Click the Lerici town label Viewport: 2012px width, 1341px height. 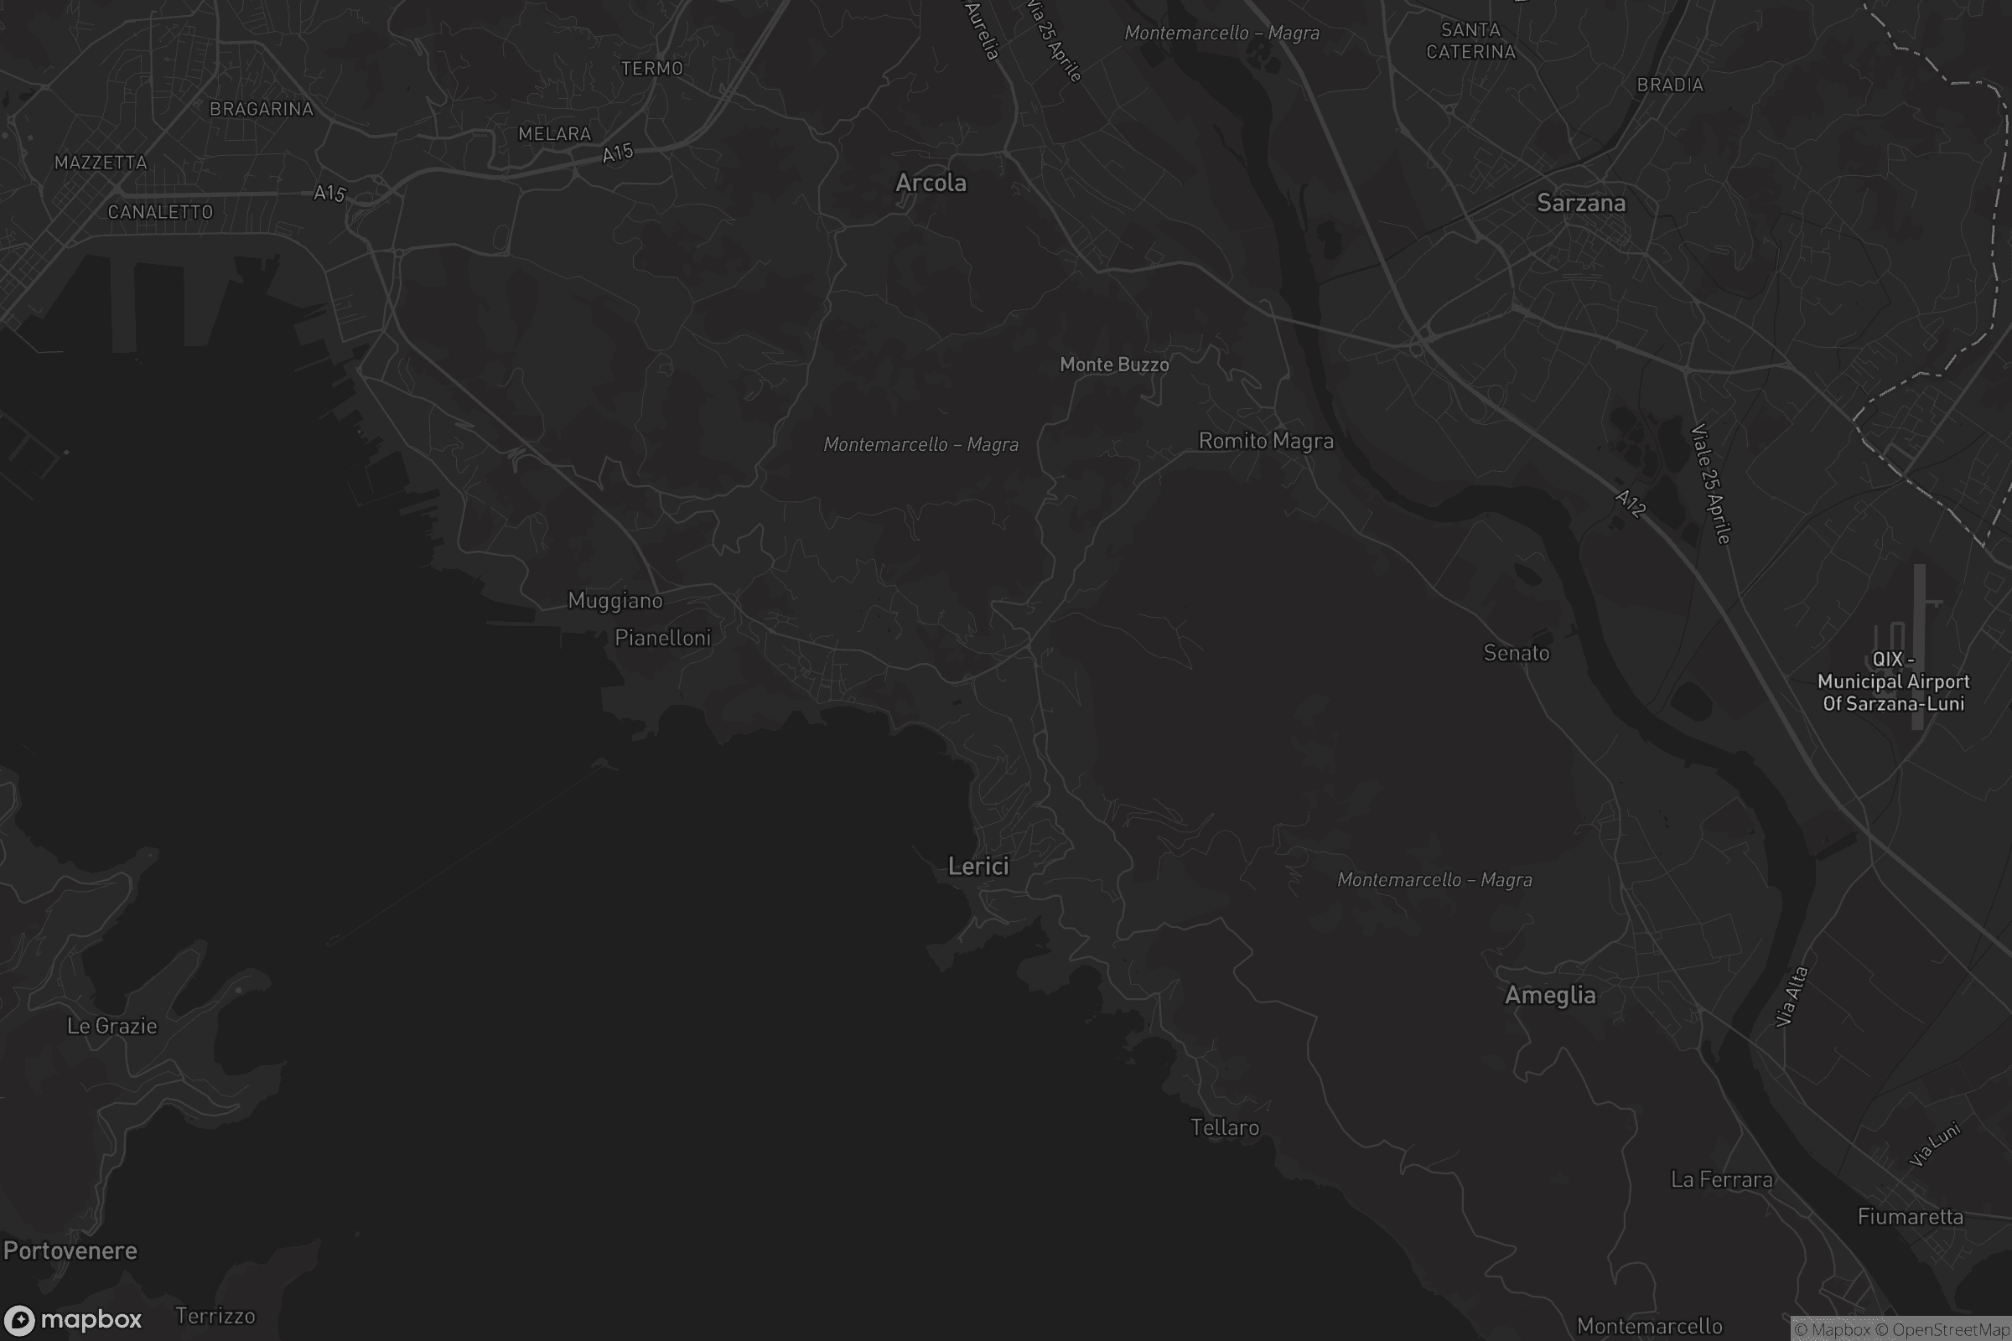point(977,867)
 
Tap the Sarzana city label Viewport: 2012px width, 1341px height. point(1581,203)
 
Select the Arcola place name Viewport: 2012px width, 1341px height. point(931,182)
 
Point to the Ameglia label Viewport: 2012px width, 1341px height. point(1550,995)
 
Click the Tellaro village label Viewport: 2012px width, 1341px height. point(1224,1127)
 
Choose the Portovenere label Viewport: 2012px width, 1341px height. point(70,1250)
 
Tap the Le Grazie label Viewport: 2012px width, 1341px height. point(112,1025)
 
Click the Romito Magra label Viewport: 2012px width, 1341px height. point(1265,441)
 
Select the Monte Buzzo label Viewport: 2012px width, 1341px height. point(1114,365)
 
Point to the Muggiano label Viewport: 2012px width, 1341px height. point(615,600)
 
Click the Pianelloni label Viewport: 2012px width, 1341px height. point(663,637)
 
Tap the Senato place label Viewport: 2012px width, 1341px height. point(1516,653)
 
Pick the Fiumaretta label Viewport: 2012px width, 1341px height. point(1911,1216)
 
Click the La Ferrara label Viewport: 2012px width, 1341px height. point(1721,1179)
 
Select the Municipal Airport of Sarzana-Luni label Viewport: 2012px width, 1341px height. point(1893,681)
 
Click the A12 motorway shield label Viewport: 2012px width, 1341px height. point(1631,504)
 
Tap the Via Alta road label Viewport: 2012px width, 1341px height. point(1792,997)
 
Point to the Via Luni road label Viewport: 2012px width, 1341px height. point(1934,1144)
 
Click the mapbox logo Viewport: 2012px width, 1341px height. point(72,1319)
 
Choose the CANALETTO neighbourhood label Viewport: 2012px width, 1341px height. point(160,212)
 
